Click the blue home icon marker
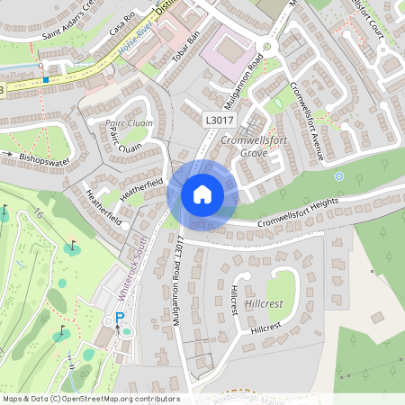(202, 193)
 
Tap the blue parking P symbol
(119, 317)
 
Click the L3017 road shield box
(219, 120)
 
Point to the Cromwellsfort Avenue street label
(307, 122)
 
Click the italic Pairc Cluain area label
(130, 123)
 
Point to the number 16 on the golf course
(39, 213)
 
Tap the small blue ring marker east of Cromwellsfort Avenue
(339, 176)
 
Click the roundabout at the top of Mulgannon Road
(265, 48)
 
